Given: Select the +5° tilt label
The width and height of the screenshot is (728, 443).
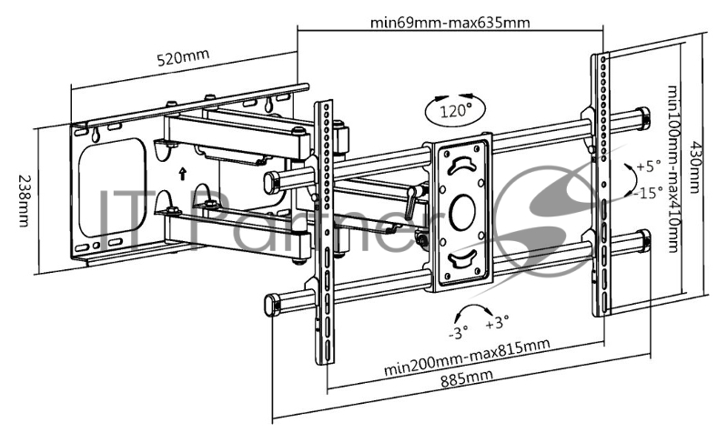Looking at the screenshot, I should pos(646,166).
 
